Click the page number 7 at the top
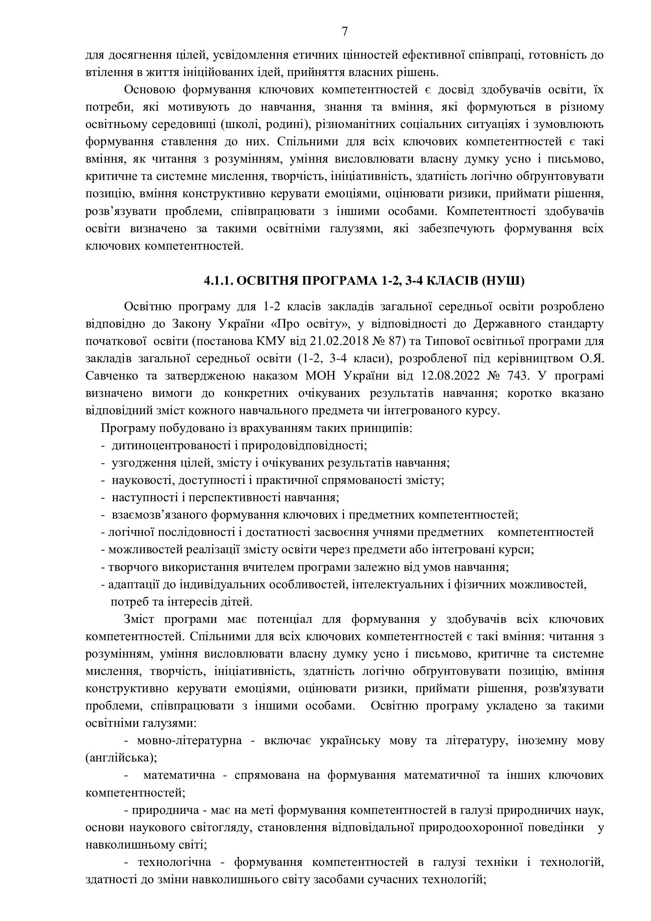pyautogui.click(x=345, y=32)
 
